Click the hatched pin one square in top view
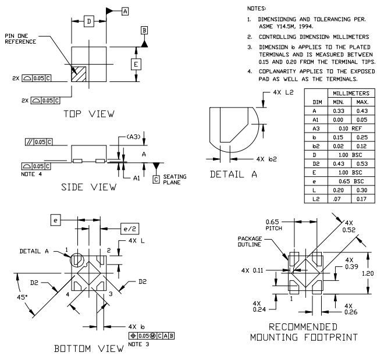click(77, 74)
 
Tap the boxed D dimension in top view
click(88, 22)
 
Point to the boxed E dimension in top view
click(135, 64)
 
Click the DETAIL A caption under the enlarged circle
click(233, 175)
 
